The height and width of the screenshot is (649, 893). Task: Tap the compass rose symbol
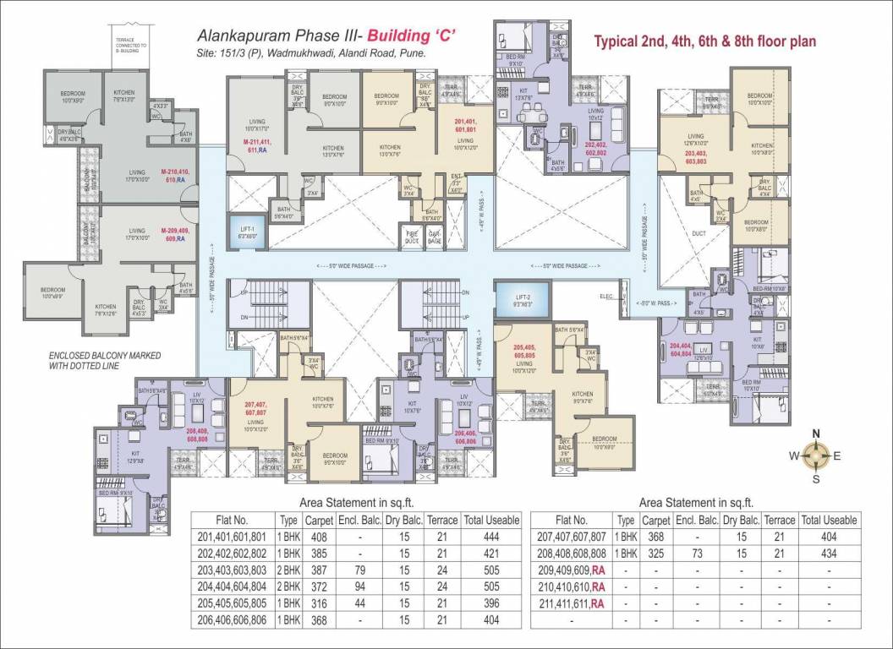(x=815, y=457)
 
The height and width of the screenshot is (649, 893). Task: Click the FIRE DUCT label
(x=412, y=239)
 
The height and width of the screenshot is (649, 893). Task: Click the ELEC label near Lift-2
(x=605, y=296)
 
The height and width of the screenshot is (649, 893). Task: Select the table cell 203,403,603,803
(x=232, y=570)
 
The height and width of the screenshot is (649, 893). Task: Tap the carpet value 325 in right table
(x=655, y=553)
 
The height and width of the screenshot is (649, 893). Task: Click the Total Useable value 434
(x=828, y=553)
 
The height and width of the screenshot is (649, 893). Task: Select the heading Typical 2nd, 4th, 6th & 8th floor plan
(x=704, y=41)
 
